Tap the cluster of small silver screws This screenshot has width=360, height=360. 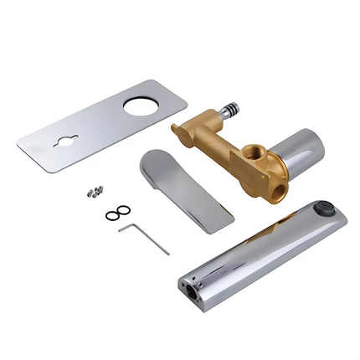click(x=94, y=192)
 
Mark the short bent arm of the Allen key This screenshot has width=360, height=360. click(x=126, y=225)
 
